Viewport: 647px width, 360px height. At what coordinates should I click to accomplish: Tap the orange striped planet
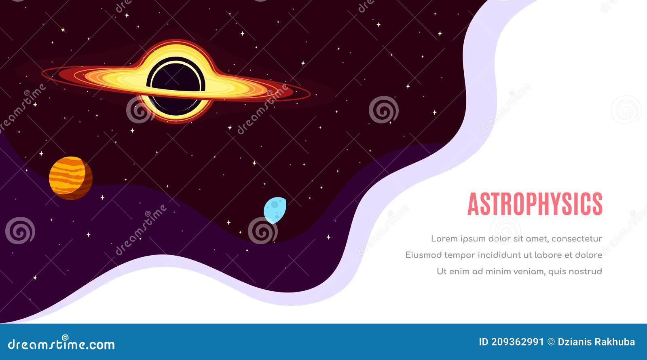pyautogui.click(x=71, y=178)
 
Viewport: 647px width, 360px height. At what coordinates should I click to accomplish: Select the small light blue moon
pyautogui.click(x=275, y=210)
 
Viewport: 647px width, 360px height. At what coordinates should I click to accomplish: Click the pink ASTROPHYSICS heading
pyautogui.click(x=535, y=204)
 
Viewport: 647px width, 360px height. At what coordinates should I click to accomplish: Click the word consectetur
pyautogui.click(x=577, y=239)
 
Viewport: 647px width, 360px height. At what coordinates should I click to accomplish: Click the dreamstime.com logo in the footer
pyautogui.click(x=61, y=344)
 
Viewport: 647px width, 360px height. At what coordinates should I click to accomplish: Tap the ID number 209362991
pyautogui.click(x=518, y=342)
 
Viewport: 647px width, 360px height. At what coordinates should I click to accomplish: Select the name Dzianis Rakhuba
pyautogui.click(x=596, y=342)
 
